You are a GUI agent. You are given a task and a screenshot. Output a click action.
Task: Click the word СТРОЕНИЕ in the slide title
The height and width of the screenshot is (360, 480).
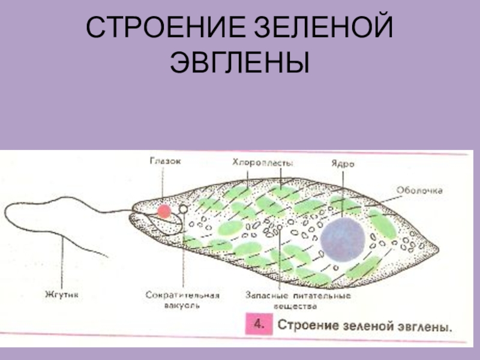pyautogui.click(x=160, y=29)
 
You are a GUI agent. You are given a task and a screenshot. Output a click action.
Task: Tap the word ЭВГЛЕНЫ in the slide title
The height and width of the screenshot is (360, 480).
pyautogui.click(x=239, y=62)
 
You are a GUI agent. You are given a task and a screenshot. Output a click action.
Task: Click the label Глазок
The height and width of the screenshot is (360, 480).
pyautogui.click(x=164, y=161)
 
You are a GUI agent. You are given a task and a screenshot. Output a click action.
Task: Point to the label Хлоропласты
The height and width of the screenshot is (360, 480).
pyautogui.click(x=262, y=162)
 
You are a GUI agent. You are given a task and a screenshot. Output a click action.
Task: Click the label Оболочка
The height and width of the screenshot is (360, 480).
pyautogui.click(x=419, y=190)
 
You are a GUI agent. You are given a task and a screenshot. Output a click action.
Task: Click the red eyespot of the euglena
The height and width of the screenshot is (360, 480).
pyautogui.click(x=163, y=211)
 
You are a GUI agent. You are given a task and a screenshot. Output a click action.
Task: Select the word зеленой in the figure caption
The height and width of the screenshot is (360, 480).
pyautogui.click(x=367, y=328)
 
